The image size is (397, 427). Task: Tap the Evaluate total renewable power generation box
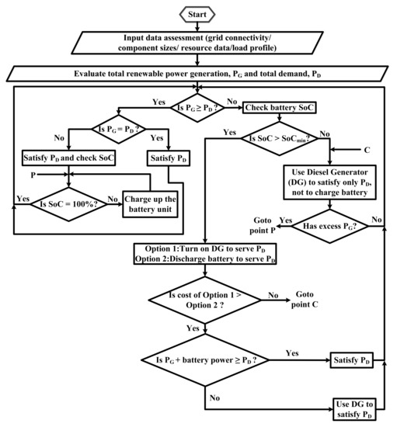pyautogui.click(x=199, y=75)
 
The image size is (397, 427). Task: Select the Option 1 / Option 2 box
pyautogui.click(x=204, y=253)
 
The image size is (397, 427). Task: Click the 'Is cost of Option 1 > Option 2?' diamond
pyautogui.click(x=204, y=302)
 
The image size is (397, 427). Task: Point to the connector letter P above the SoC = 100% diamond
pyautogui.click(x=35, y=175)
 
